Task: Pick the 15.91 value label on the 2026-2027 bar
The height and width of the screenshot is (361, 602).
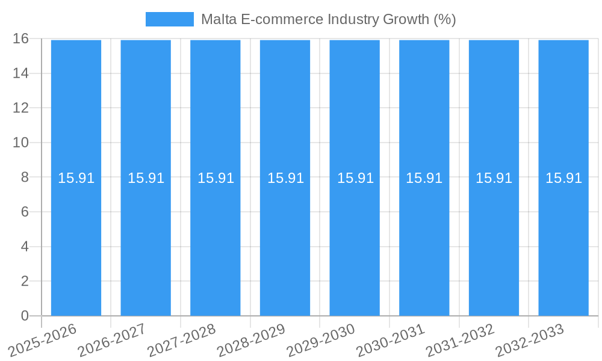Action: point(146,178)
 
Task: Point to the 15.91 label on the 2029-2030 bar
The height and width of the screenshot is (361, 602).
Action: point(355,178)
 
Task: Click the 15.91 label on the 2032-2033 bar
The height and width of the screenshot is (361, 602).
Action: point(563,178)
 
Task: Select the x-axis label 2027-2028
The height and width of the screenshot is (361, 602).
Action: point(182,339)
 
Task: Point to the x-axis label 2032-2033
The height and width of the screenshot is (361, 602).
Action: point(530,339)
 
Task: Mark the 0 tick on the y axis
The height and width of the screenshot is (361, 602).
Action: point(25,316)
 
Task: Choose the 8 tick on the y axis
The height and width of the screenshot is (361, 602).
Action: point(25,177)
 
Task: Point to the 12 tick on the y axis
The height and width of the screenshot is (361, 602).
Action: point(20,108)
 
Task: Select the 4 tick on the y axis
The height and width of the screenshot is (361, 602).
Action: point(25,247)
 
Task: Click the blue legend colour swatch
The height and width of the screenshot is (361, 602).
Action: point(169,19)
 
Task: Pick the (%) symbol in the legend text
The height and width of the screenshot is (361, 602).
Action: point(445,19)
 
